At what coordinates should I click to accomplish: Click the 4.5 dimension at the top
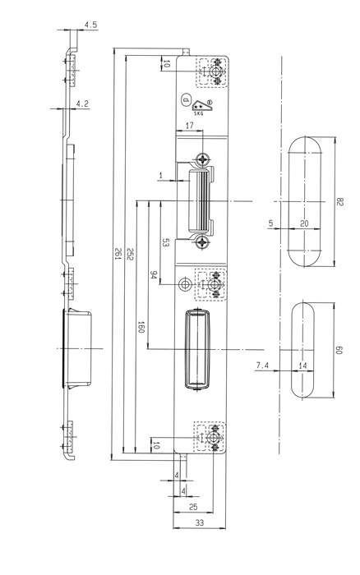[x=90, y=25]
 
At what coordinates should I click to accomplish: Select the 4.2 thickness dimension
[x=82, y=104]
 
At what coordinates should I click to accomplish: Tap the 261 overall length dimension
[x=118, y=254]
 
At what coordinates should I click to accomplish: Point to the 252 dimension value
[x=129, y=254]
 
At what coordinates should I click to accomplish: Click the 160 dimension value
[x=141, y=327]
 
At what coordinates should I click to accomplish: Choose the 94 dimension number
[x=154, y=275]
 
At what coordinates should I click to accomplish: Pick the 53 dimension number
[x=165, y=242]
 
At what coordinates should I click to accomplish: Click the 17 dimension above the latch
[x=189, y=126]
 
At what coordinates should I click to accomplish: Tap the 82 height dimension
[x=339, y=202]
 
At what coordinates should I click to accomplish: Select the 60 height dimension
[x=339, y=350]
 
